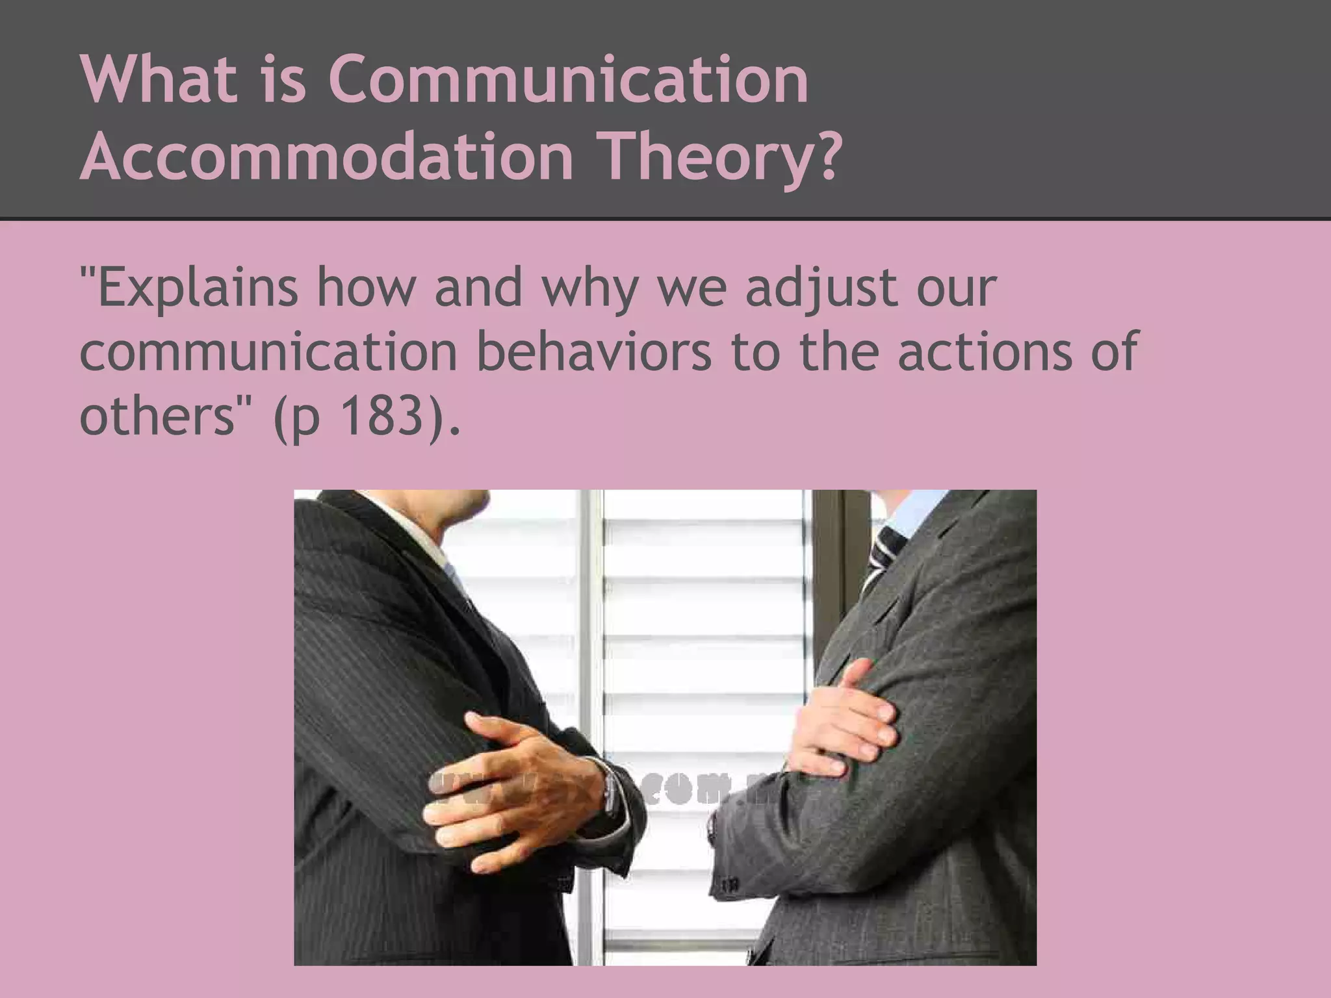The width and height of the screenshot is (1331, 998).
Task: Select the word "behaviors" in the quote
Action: (594, 351)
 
